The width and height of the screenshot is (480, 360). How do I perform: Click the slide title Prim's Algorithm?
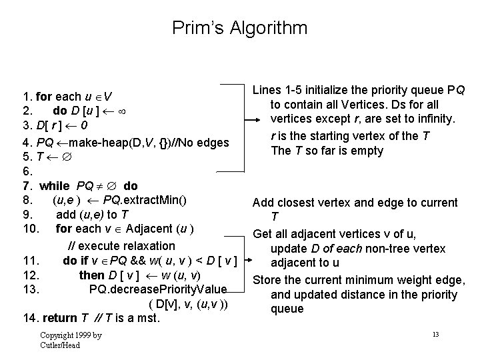click(240, 28)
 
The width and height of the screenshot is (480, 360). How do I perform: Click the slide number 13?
click(435, 333)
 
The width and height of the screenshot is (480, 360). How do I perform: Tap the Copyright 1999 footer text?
click(70, 335)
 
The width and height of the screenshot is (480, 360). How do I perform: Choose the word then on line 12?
click(91, 275)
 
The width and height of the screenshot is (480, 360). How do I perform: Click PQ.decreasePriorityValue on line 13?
click(158, 289)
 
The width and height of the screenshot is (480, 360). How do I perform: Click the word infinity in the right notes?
click(435, 120)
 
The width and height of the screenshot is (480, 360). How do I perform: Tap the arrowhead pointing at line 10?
click(239, 233)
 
